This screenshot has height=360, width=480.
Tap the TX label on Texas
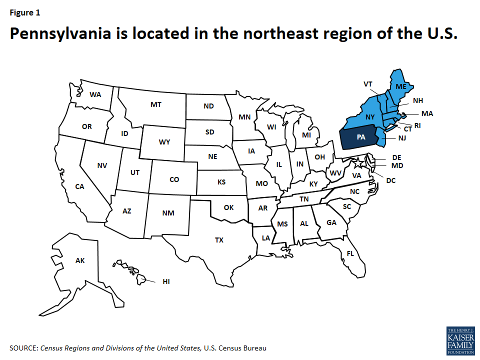(x=219, y=240)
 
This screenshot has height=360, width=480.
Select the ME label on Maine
(x=401, y=86)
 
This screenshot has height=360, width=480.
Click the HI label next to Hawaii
(x=166, y=281)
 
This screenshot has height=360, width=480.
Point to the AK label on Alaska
(x=80, y=260)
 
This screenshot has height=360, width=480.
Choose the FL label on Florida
(x=350, y=253)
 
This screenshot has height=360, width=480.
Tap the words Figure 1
(x=24, y=13)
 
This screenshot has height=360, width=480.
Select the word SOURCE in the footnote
(x=23, y=347)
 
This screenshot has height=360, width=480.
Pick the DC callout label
(x=390, y=180)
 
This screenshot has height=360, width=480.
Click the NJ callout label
(x=402, y=137)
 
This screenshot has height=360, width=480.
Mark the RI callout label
(x=417, y=125)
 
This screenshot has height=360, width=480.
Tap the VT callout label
(x=368, y=84)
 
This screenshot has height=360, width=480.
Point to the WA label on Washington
(x=95, y=94)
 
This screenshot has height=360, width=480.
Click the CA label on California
(x=79, y=186)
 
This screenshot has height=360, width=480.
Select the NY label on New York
(x=370, y=116)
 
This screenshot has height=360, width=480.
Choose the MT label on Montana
(x=155, y=104)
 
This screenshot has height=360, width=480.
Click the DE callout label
(x=397, y=157)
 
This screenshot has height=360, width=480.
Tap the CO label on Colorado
(x=174, y=179)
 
